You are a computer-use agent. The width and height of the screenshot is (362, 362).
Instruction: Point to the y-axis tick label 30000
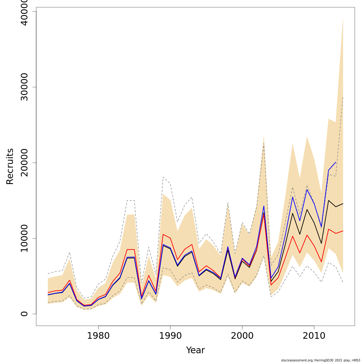tap(24, 87)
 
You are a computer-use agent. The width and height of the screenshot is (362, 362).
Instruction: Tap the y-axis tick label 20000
tap(24, 163)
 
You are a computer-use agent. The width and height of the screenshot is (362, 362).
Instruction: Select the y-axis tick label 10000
tap(24, 238)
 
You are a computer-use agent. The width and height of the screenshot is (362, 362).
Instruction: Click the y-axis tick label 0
tap(24, 314)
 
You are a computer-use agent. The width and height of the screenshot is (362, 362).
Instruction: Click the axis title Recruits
tap(10, 166)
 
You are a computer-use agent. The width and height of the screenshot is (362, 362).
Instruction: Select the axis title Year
tap(195, 350)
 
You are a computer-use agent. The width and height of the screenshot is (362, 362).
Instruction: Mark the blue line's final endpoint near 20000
tap(336, 162)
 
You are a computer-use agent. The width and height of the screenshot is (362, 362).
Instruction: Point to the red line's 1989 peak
tap(163, 234)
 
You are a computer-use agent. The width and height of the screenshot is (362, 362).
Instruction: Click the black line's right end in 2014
tap(343, 204)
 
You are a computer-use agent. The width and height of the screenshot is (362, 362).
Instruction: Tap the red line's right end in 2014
tap(343, 231)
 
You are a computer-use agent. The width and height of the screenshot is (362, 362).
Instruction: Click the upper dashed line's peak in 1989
tap(163, 177)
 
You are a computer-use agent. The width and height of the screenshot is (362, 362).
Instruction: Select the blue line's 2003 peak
tap(264, 206)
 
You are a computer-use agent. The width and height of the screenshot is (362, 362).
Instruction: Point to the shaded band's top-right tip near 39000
tap(343, 19)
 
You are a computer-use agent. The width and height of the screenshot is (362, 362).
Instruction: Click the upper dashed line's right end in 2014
tap(343, 97)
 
